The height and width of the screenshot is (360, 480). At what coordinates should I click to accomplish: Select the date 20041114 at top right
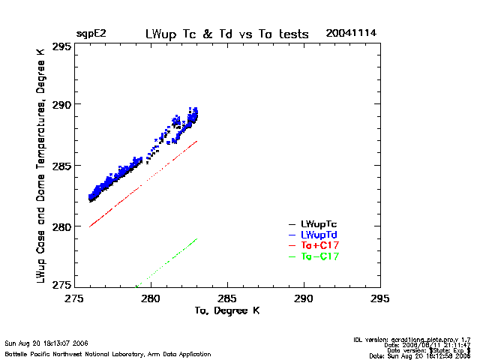(x=351, y=34)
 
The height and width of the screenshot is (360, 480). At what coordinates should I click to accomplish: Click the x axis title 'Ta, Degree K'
(x=226, y=310)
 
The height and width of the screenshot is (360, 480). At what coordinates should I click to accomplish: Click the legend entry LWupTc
(x=319, y=223)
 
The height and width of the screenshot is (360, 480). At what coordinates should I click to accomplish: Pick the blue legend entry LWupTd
(x=319, y=235)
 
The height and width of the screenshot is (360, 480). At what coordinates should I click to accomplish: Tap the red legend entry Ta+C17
(x=319, y=245)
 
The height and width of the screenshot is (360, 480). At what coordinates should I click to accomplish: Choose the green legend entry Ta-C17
(x=319, y=256)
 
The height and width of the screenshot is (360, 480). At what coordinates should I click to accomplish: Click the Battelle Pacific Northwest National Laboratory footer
(x=107, y=353)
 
